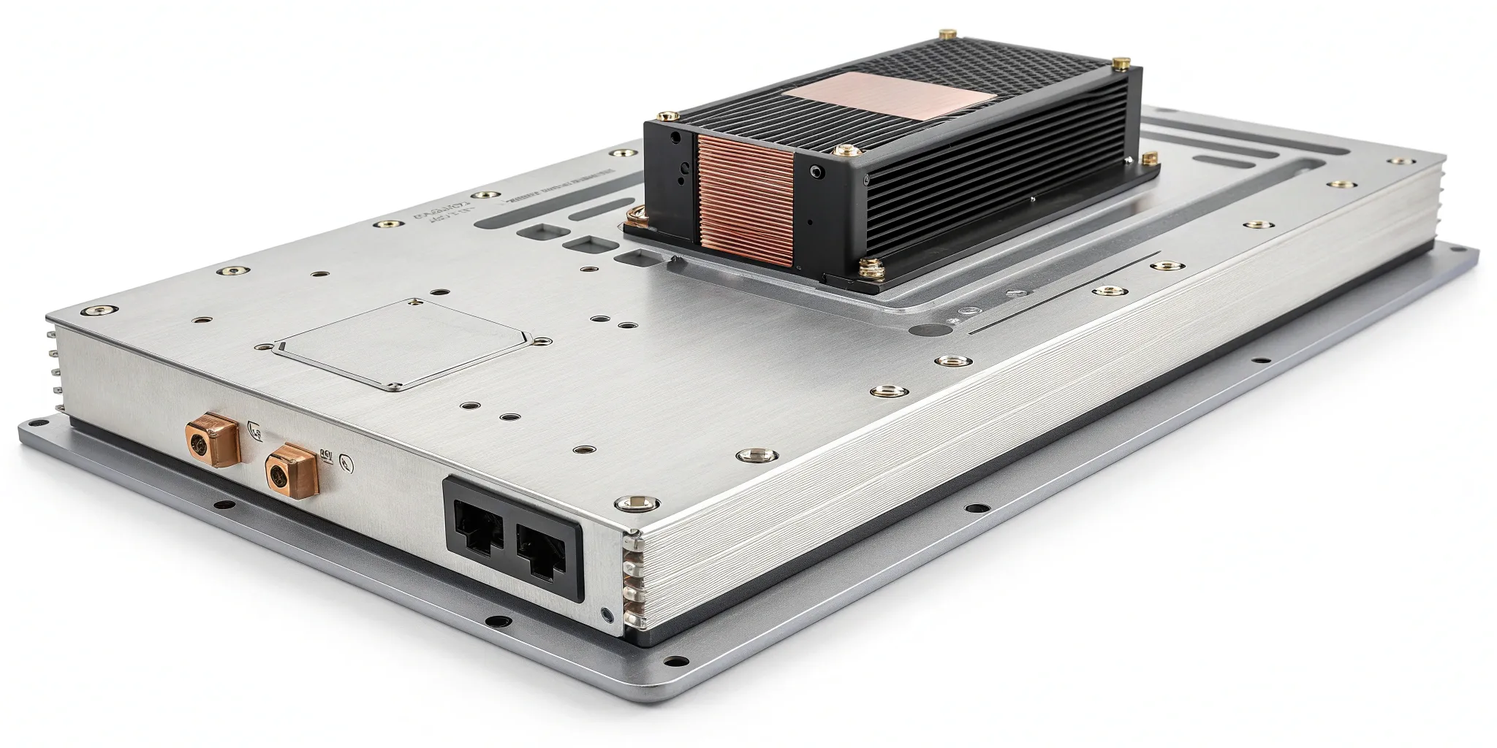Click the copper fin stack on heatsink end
(x=746, y=197)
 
